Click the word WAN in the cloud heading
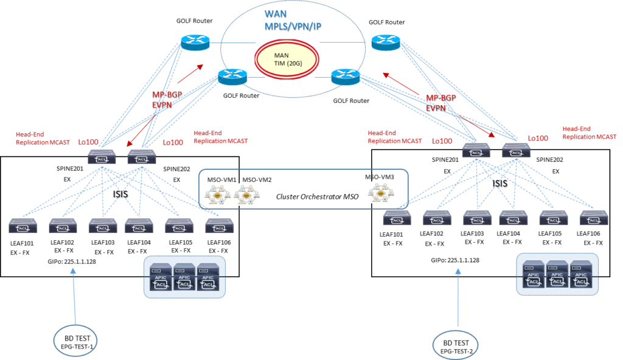pyautogui.click(x=274, y=13)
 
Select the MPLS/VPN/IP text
pyautogui.click(x=292, y=27)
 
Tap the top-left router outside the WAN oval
pyautogui.click(x=195, y=42)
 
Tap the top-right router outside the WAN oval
pyautogui.click(x=386, y=42)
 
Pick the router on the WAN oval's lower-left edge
pyautogui.click(x=233, y=77)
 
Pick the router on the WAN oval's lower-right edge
pyautogui.click(x=346, y=77)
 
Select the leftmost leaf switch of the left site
pyautogui.click(x=23, y=226)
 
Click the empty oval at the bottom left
pyautogui.click(x=75, y=341)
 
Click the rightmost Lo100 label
pyautogui.click(x=538, y=138)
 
